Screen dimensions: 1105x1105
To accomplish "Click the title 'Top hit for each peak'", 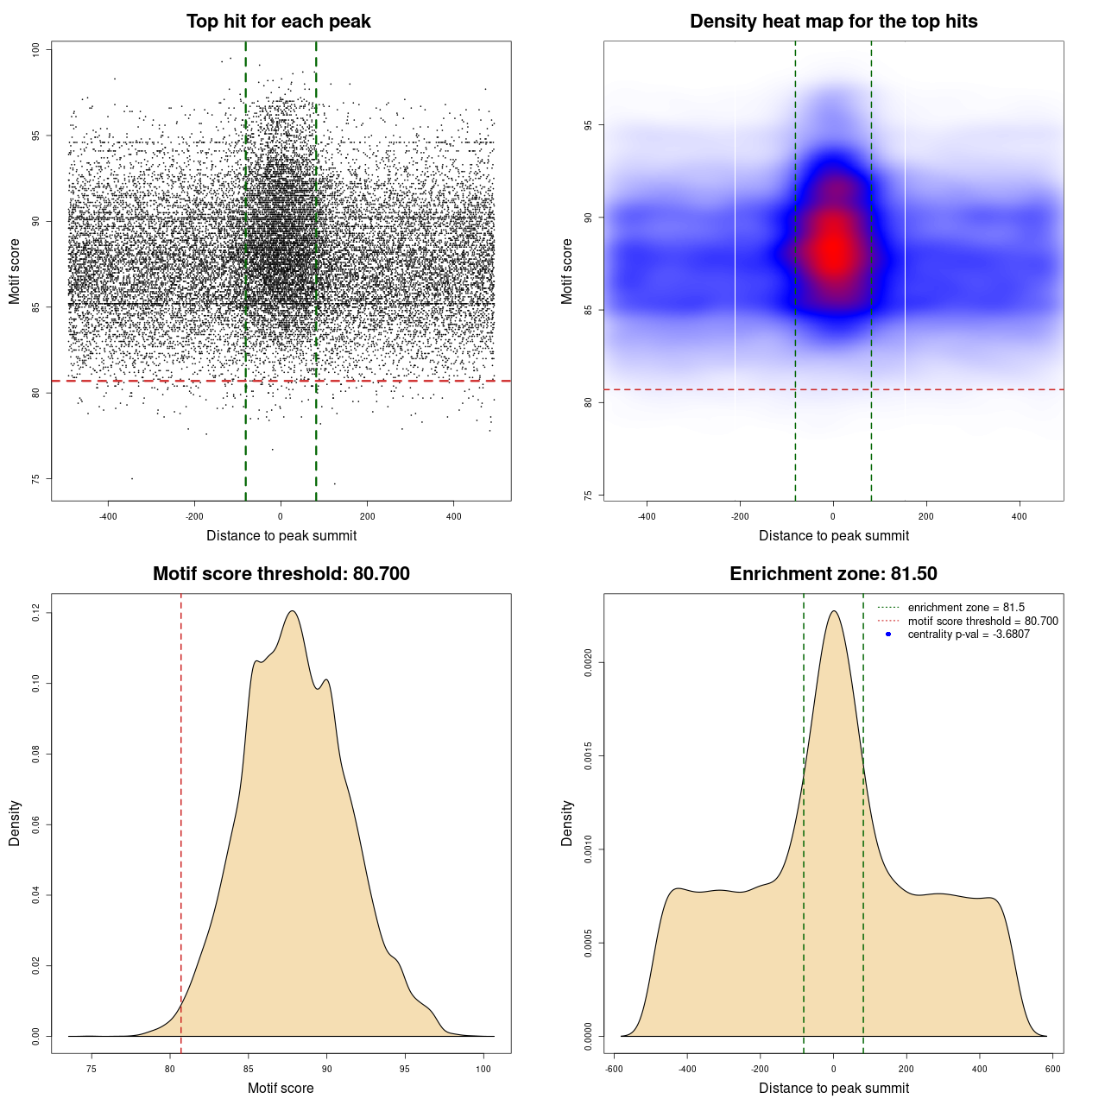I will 279,22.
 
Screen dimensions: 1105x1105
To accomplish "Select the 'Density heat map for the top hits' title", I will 833,22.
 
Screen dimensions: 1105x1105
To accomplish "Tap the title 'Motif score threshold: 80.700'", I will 281,574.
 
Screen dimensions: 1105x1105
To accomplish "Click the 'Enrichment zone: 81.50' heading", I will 833,574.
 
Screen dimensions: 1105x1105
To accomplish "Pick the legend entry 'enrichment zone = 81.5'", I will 966,608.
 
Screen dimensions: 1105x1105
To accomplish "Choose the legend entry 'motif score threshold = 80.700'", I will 982,621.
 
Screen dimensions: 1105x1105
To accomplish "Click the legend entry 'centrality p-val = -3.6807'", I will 969,635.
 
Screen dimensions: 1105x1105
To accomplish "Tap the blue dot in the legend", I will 888,635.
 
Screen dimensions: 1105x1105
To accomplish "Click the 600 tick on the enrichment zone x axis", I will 1052,1069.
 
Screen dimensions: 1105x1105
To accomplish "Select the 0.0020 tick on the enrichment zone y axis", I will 588,663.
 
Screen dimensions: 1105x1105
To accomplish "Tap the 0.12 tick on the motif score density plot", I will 35,613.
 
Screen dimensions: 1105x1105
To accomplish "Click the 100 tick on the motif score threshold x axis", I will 483,1069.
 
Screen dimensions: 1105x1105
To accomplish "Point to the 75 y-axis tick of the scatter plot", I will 35,478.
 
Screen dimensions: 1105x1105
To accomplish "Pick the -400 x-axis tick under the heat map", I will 647,516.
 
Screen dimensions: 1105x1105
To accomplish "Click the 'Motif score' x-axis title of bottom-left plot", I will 281,1088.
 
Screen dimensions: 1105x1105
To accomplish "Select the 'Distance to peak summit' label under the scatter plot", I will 281,535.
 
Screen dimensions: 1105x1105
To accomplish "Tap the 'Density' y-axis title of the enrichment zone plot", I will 567,823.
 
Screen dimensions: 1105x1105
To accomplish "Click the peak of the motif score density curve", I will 293,611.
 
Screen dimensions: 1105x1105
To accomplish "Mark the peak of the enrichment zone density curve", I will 833,611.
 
